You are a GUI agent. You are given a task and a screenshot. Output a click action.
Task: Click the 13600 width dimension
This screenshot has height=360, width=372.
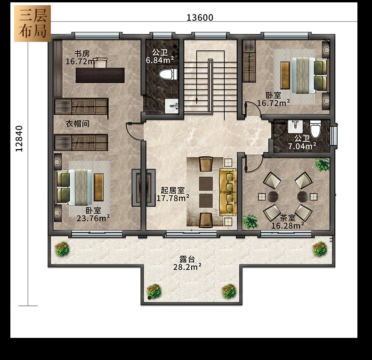pyautogui.click(x=200, y=17)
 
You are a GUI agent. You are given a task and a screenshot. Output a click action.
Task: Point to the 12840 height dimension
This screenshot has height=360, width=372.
pyautogui.click(x=19, y=138)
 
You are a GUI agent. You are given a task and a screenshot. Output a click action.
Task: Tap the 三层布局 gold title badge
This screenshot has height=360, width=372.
pyautogui.click(x=32, y=24)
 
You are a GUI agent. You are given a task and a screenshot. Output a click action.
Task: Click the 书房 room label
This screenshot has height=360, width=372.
pyautogui.click(x=82, y=53)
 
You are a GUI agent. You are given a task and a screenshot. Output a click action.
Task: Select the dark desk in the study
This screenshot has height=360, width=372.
pyautogui.click(x=100, y=75)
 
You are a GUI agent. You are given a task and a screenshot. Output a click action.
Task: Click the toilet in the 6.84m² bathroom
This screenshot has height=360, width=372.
pyautogui.click(x=168, y=74)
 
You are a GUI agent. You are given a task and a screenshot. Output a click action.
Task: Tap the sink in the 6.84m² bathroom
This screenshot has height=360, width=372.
pyautogui.click(x=171, y=106)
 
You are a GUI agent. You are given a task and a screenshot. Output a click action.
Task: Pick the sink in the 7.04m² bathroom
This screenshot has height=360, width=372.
pyautogui.click(x=295, y=126)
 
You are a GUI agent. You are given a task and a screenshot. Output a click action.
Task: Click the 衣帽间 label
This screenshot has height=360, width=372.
pyautogui.click(x=77, y=124)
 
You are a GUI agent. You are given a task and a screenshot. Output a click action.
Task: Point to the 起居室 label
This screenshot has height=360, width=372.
pyautogui.click(x=172, y=190)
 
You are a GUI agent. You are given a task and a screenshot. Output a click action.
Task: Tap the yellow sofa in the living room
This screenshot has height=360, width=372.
pyautogui.click(x=228, y=192)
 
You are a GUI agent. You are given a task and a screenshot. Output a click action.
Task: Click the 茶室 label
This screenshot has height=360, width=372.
pyautogui.click(x=288, y=218)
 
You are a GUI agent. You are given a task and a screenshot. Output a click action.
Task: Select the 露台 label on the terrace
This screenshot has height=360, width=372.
pyautogui.click(x=187, y=259)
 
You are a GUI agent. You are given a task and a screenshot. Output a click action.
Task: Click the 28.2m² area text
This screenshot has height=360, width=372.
pyautogui.click(x=187, y=267)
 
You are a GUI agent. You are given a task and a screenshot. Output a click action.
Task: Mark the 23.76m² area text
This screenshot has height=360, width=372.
pyautogui.click(x=93, y=218)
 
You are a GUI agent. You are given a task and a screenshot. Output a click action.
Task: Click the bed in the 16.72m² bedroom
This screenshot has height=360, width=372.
pyautogui.click(x=309, y=75)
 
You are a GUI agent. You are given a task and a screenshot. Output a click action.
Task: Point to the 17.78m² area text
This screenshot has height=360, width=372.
pyautogui.click(x=173, y=198)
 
